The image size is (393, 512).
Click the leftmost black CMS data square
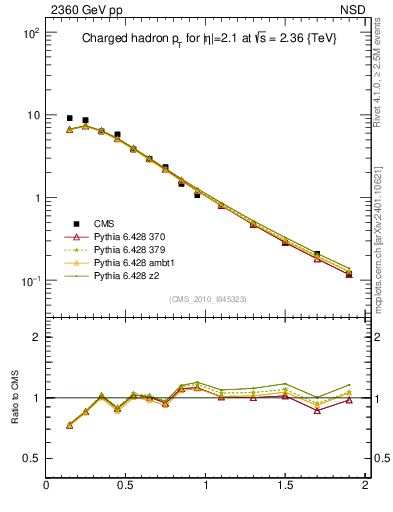[x=69, y=118]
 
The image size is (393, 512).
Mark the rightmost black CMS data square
[x=349, y=273]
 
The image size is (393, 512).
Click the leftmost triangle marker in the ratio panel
[x=69, y=425]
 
